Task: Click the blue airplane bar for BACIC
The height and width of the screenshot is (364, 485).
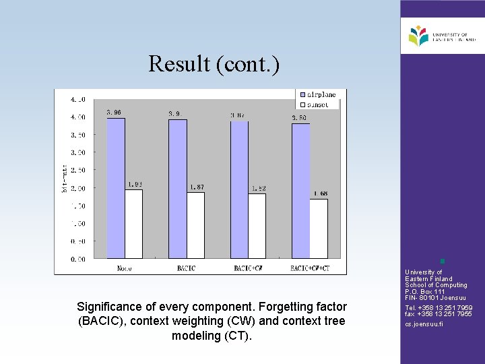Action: pos(177,189)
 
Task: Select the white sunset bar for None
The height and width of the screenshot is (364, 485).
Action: pos(133,224)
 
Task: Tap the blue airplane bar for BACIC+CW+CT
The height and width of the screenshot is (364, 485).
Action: pos(300,191)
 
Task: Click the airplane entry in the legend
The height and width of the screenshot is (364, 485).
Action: pos(317,94)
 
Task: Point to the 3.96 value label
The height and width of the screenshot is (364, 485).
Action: pos(114,113)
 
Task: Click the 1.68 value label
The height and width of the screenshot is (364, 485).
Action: pos(320,193)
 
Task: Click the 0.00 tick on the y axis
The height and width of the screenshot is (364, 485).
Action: pos(78,259)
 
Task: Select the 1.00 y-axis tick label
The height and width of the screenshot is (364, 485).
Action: pos(78,224)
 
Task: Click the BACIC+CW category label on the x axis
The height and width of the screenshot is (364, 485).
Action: pos(249,268)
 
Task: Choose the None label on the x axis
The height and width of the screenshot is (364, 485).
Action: pos(123,268)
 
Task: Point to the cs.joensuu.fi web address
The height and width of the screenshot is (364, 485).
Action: pos(424,324)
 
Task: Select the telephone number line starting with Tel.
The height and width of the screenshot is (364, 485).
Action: pos(439,308)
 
